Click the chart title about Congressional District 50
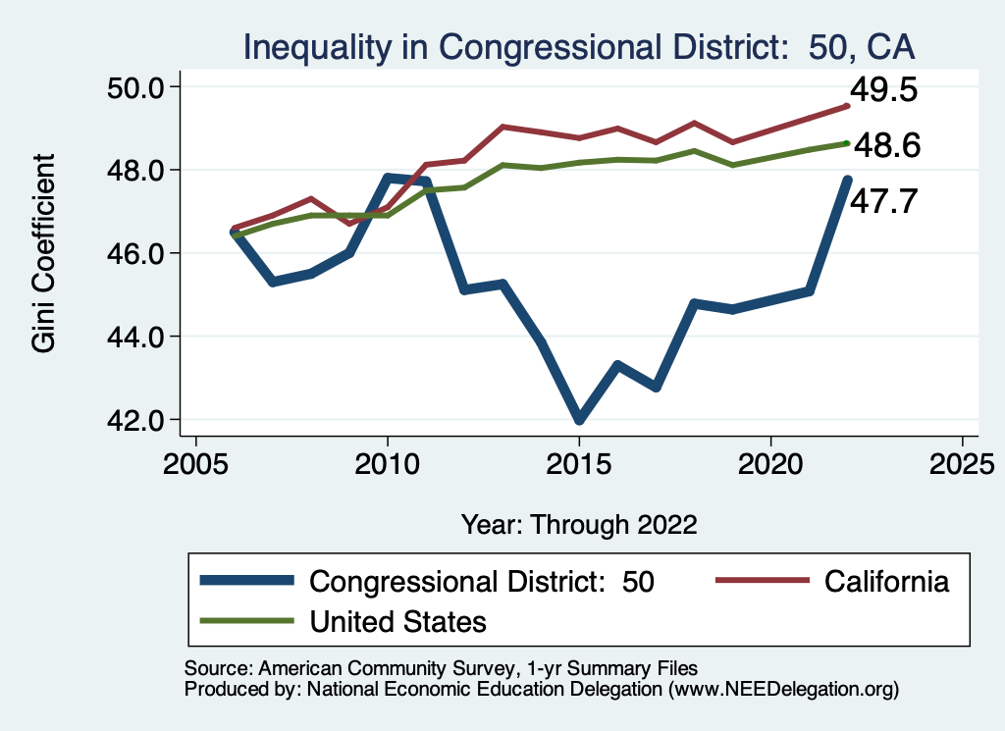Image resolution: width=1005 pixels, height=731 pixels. click(579, 47)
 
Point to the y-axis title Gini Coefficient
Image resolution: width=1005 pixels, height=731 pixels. click(44, 253)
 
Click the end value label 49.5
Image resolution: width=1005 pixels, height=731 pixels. click(883, 90)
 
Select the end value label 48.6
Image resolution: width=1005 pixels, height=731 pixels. click(886, 147)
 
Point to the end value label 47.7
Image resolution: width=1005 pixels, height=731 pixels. click(883, 202)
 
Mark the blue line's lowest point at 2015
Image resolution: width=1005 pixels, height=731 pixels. click(579, 419)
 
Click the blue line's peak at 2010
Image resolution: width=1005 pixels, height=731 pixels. click(388, 178)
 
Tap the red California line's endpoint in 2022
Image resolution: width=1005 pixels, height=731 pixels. click(847, 106)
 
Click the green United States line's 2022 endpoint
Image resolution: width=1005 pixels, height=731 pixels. click(847, 143)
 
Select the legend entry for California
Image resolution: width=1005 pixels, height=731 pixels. click(887, 581)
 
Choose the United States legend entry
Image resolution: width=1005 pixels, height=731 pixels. click(397, 621)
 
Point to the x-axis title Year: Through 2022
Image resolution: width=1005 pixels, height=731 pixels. click(579, 524)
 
